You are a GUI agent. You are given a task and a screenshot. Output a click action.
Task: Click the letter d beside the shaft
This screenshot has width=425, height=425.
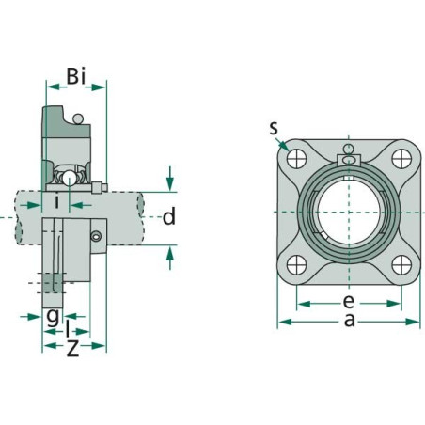pyautogui.click(x=169, y=218)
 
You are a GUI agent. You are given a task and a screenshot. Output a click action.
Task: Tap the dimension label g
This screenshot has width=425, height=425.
pyautogui.click(x=53, y=315)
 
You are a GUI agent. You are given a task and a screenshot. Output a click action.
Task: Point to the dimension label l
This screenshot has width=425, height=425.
pyautogui.click(x=69, y=328)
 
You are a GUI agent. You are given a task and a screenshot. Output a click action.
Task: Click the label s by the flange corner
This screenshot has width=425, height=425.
pyautogui.click(x=273, y=128)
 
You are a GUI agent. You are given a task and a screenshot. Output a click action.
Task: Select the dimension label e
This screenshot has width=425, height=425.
pyautogui.click(x=348, y=301)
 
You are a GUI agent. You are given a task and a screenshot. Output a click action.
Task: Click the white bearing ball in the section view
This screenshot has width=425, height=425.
pyautogui.click(x=67, y=177)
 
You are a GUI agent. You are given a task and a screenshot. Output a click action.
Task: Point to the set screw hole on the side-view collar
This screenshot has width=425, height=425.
pyautogui.click(x=95, y=238)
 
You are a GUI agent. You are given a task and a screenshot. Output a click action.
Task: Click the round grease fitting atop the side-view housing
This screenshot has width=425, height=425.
pyautogui.click(x=78, y=118)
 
